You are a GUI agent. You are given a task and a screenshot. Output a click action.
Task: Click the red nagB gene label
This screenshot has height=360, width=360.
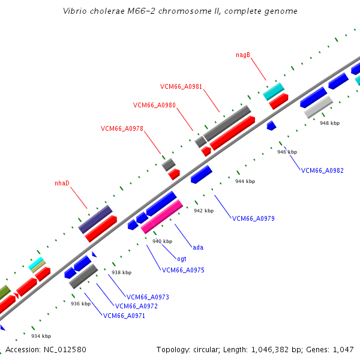[243, 55]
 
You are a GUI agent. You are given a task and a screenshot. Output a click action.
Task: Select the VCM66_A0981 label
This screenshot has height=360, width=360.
[181, 86]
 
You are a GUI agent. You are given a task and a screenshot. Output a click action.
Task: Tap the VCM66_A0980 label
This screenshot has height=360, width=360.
[154, 105]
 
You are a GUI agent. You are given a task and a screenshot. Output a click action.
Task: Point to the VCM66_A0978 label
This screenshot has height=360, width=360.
[122, 128]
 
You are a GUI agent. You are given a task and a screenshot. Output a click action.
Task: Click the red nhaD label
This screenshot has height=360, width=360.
[62, 183]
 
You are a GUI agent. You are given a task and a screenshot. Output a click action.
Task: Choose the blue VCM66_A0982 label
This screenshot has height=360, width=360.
[322, 170]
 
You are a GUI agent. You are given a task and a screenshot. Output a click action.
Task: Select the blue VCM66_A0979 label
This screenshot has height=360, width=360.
[253, 218]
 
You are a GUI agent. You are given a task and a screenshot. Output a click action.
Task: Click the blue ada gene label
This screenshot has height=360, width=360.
[198, 247]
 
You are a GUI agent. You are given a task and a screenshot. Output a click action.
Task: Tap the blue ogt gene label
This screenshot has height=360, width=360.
[182, 259]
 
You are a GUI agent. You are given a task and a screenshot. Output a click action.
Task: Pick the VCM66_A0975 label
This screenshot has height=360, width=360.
[183, 270]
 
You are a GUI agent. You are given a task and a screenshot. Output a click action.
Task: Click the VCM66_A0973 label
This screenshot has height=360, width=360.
[148, 298]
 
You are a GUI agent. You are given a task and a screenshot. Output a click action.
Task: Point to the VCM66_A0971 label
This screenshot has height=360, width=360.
[124, 316]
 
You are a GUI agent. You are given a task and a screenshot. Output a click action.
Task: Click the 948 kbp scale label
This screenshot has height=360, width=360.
[329, 123]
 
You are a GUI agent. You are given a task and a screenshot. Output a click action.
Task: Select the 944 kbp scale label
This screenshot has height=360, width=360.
[245, 181]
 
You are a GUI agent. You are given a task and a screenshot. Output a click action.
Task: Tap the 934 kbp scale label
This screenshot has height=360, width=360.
[41, 336]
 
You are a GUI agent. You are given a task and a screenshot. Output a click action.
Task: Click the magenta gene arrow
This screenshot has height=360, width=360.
[162, 217]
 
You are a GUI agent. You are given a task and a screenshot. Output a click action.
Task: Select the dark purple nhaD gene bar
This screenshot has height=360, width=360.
[95, 219]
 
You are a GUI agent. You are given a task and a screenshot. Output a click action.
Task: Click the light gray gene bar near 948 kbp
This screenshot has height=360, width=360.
[319, 107]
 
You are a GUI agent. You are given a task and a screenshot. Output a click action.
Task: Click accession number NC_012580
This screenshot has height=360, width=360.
[65, 350]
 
